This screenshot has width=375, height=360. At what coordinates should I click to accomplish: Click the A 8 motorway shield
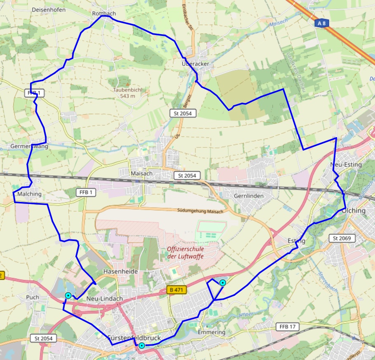[322, 23]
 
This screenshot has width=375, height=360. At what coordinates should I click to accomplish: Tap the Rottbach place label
[104, 14]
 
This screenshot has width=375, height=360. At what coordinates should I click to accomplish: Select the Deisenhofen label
[49, 9]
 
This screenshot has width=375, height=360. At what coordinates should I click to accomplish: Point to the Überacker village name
[195, 64]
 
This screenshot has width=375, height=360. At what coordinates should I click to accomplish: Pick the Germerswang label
[29, 146]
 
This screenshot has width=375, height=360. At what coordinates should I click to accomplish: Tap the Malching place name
[30, 194]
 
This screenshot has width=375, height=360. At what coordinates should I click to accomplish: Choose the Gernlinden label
[248, 196]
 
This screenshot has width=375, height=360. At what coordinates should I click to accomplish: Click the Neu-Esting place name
[346, 165]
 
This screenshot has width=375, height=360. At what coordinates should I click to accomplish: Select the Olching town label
[354, 210]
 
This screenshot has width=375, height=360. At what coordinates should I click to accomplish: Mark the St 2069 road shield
[341, 238]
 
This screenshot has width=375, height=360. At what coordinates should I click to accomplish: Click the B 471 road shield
[176, 290]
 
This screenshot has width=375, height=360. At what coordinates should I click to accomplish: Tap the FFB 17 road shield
[288, 327]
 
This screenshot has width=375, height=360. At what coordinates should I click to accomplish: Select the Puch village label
[32, 297]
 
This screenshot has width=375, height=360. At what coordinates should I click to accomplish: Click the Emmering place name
[211, 332]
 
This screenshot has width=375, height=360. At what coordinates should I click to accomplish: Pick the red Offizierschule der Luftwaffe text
[185, 252]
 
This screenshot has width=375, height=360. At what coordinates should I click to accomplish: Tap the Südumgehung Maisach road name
[200, 211]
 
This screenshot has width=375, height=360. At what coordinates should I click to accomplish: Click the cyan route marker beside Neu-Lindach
[68, 295]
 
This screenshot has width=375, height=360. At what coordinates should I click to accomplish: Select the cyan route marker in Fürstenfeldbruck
[142, 346]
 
